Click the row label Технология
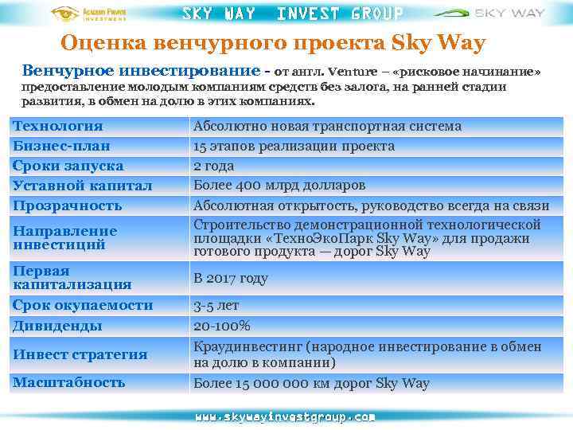tap(58, 126)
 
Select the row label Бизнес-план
tap(61, 146)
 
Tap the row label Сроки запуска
tap(68, 166)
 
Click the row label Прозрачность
tap(67, 205)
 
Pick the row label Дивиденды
tap(57, 325)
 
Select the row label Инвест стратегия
tap(80, 354)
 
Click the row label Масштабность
tap(68, 382)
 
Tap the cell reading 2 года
tap(213, 166)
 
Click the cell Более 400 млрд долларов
tap(279, 186)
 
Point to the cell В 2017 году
tap(231, 279)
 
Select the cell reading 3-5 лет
tap(216, 305)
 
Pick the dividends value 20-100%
tap(222, 325)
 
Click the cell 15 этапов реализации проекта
tap(294, 146)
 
